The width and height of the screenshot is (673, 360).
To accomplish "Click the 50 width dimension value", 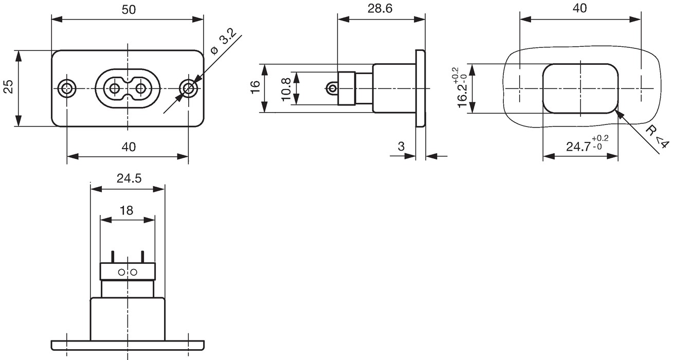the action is click(x=129, y=10).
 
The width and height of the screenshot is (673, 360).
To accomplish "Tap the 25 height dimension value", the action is click(x=9, y=87).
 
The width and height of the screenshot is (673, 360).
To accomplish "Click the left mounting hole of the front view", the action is click(x=67, y=88).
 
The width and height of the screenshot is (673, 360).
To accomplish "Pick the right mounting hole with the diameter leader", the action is click(x=188, y=88).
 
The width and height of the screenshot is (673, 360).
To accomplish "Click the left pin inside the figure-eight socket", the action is click(x=114, y=88).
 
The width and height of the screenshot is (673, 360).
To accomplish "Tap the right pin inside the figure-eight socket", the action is click(x=140, y=88).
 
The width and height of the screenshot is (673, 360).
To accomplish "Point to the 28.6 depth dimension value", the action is click(x=380, y=9).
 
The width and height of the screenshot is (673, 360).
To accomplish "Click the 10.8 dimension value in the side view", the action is click(x=286, y=89).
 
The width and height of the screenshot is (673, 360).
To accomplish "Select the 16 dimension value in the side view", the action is click(x=255, y=87).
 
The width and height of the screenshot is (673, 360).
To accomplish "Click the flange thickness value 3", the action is click(x=401, y=147).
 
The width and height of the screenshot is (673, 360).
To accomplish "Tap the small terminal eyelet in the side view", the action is click(x=332, y=88).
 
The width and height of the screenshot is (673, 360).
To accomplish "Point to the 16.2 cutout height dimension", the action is click(x=459, y=87).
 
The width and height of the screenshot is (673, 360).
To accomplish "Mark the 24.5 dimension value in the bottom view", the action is click(x=129, y=178).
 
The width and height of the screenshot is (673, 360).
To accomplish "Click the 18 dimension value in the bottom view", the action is click(x=126, y=210).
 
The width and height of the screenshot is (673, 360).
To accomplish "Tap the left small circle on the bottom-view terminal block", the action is click(x=121, y=273).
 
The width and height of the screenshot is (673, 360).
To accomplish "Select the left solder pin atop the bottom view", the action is click(x=113, y=257).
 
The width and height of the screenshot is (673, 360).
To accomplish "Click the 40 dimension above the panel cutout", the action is click(x=579, y=8).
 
